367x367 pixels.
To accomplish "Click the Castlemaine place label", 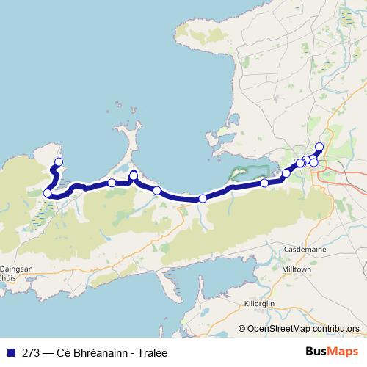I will (305, 250).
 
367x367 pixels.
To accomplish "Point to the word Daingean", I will (16, 269).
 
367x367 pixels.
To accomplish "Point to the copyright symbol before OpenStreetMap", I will (242, 329).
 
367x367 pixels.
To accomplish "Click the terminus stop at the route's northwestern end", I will (59, 162).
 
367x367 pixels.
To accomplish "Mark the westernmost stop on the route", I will (48, 194).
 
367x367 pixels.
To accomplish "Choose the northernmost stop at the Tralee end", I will (319, 146).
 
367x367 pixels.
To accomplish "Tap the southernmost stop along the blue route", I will (203, 199).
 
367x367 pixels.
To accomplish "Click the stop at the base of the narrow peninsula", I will (134, 175).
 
